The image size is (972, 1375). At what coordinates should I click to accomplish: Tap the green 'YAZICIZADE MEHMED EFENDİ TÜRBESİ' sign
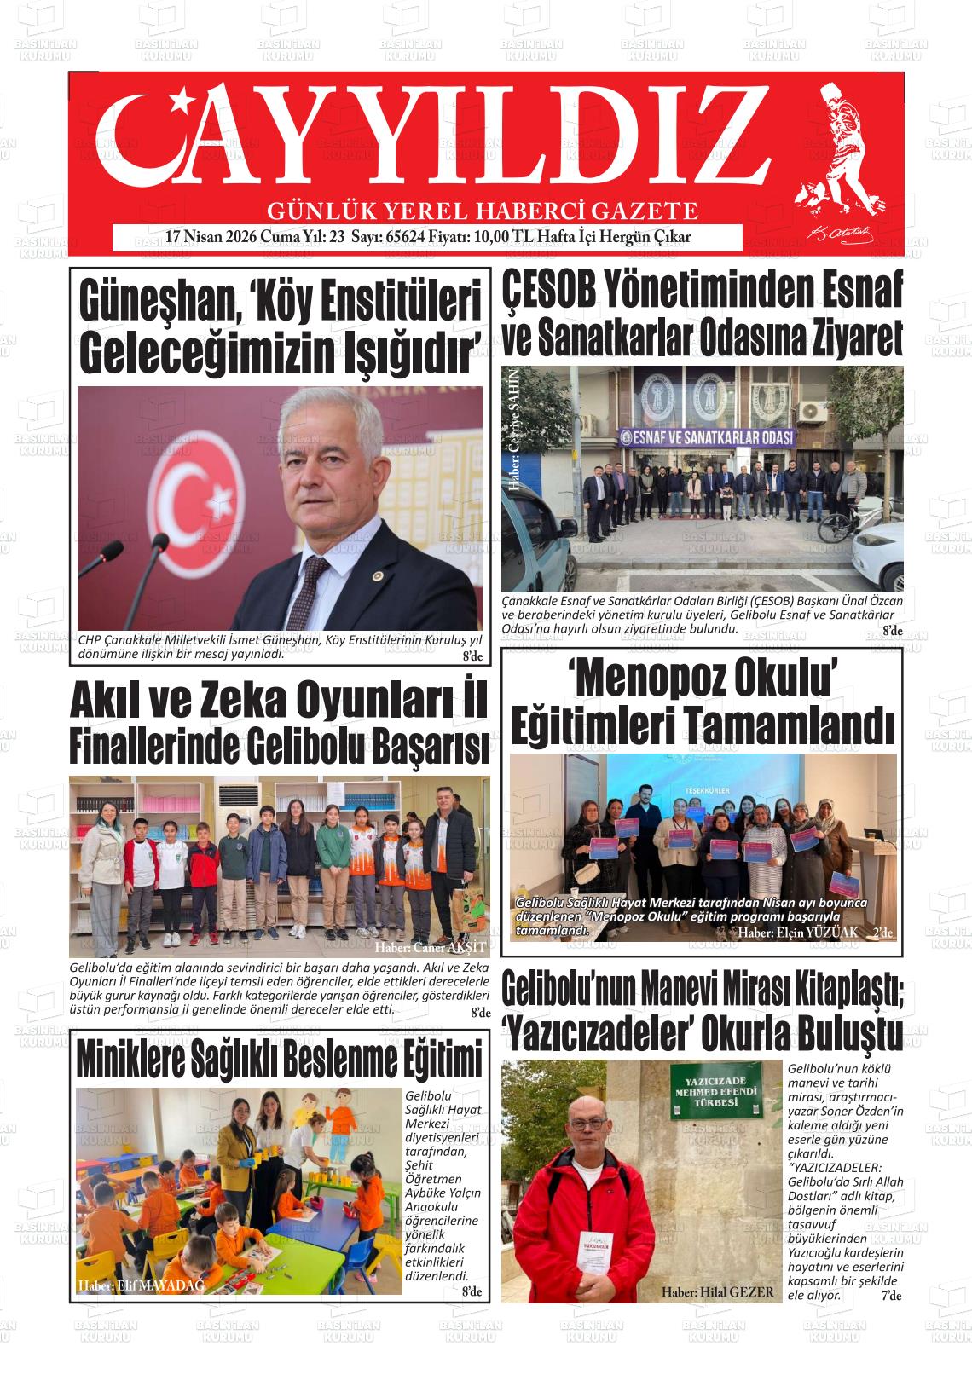(715, 1092)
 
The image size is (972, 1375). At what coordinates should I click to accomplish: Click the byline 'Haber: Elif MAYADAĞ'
(141, 1286)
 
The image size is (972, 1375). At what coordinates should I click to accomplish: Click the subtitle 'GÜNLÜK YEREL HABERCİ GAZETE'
(483, 210)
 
